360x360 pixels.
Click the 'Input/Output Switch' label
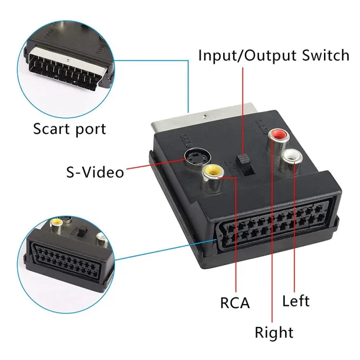pos(274,55)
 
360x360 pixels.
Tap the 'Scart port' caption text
pos(70,129)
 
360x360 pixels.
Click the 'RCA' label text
pos(235,303)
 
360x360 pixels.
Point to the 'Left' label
pos(296,301)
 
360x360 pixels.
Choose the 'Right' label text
pos(274,332)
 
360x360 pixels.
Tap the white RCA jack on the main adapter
pos(291,157)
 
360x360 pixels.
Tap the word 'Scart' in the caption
pos(50,129)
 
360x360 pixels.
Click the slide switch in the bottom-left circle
pos(83,232)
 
